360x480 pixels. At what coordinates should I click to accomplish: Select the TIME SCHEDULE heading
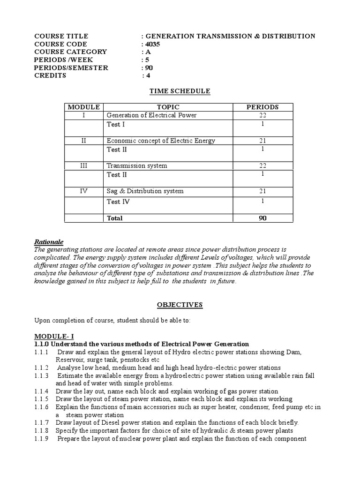point(180,91)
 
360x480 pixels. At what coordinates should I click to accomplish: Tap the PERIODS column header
point(262,107)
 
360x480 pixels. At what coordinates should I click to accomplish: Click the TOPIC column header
point(168,107)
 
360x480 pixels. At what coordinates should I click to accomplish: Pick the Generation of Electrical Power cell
point(151,115)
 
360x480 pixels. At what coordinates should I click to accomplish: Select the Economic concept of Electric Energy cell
point(161,141)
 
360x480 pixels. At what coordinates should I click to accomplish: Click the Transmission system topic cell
point(137,166)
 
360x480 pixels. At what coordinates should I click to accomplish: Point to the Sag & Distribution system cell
point(145,191)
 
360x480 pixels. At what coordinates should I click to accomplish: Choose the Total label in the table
point(115,218)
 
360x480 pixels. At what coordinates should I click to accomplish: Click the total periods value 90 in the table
point(262,218)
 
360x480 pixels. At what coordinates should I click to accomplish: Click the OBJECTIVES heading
point(180,305)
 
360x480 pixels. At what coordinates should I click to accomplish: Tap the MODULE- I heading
point(52,337)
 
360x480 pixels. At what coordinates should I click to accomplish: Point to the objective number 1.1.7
point(42,422)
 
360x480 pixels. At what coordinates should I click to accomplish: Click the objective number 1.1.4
point(42,391)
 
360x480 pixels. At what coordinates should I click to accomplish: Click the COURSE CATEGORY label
point(70,52)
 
